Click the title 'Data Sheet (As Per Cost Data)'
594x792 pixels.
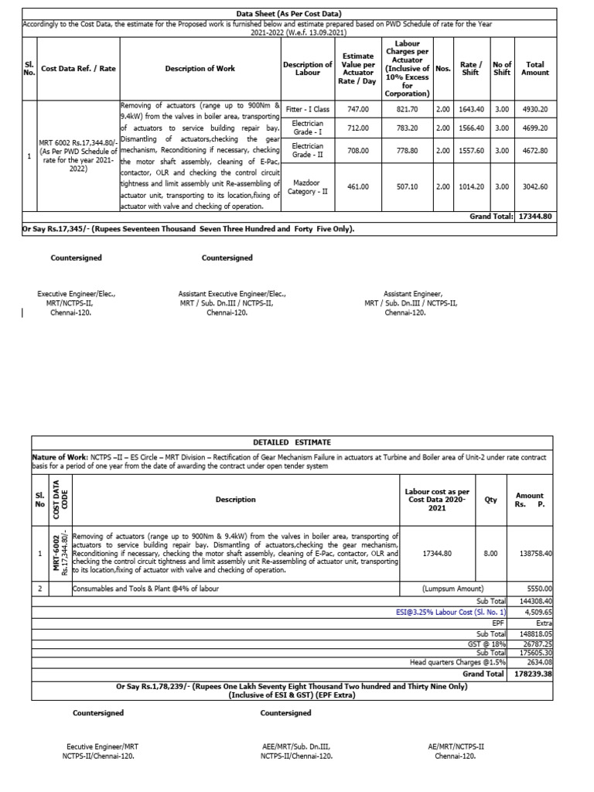click(x=288, y=14)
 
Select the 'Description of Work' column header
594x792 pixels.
click(x=200, y=69)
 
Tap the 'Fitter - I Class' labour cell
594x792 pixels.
click(x=307, y=110)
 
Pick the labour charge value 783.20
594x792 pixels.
click(x=407, y=128)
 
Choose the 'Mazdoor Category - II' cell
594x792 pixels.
click(x=307, y=186)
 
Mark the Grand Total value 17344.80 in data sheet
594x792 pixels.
click(x=535, y=217)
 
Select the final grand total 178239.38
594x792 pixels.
click(x=534, y=673)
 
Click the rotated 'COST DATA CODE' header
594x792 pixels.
click(x=57, y=500)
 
